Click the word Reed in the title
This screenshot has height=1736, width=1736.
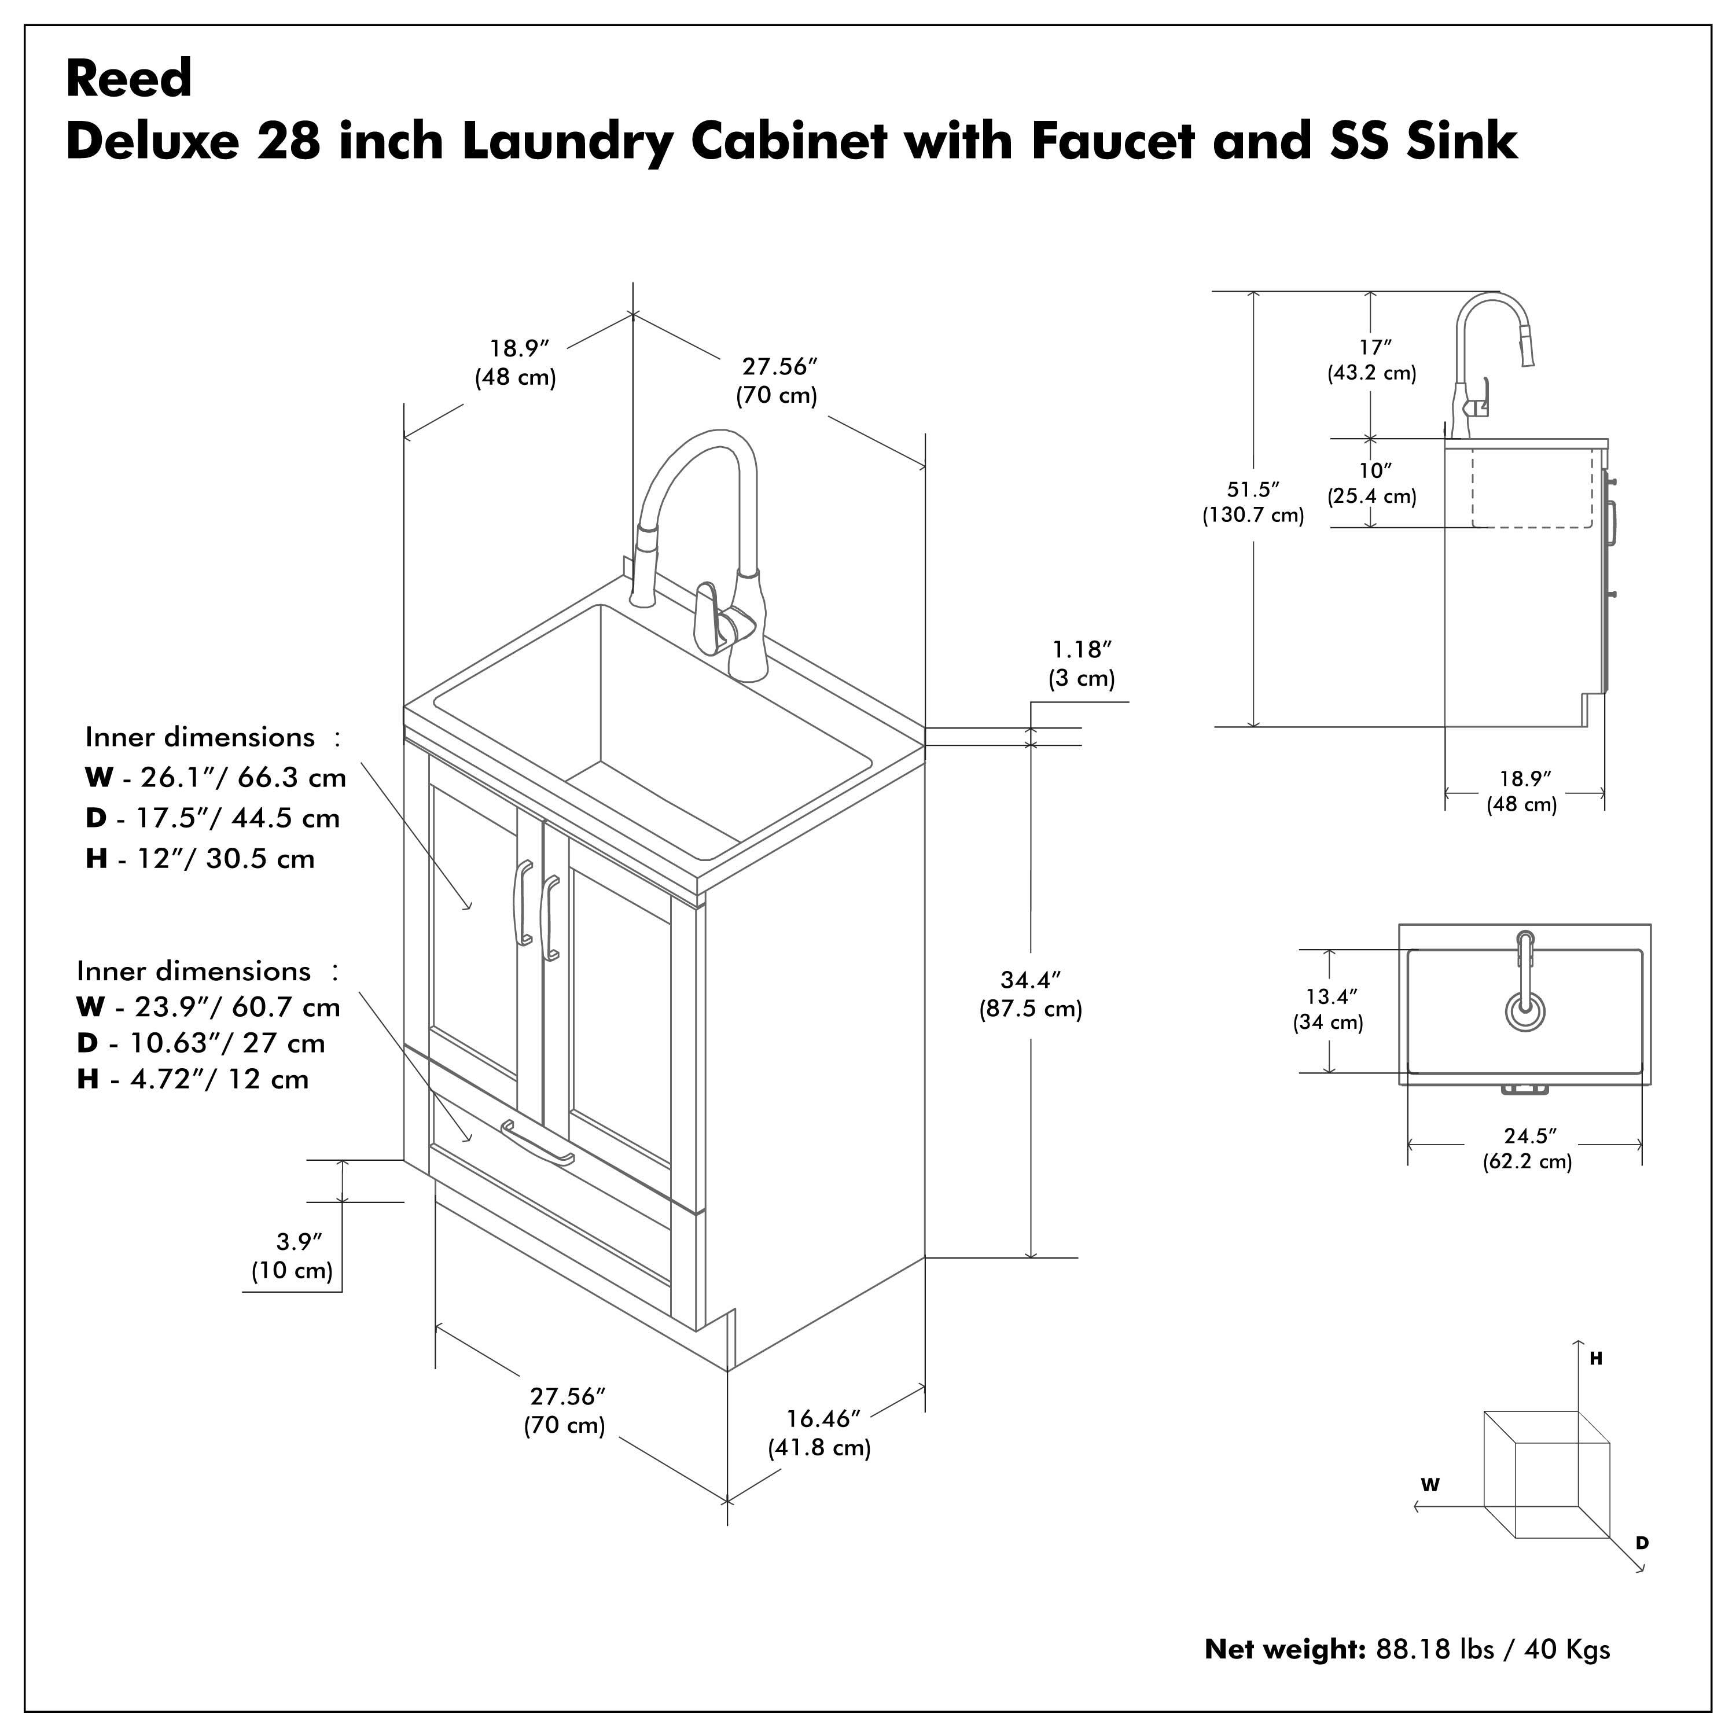click(x=128, y=79)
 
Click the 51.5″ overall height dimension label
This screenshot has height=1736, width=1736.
click(x=1253, y=490)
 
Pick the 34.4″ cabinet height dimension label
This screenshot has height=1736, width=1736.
click(x=1031, y=980)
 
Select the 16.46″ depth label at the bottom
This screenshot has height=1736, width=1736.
click(x=823, y=1419)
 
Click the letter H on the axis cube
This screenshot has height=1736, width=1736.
click(x=1596, y=1359)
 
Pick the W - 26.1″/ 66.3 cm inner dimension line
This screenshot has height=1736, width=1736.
click(x=216, y=777)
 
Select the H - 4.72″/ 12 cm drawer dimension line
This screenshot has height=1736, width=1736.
click(x=193, y=1079)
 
